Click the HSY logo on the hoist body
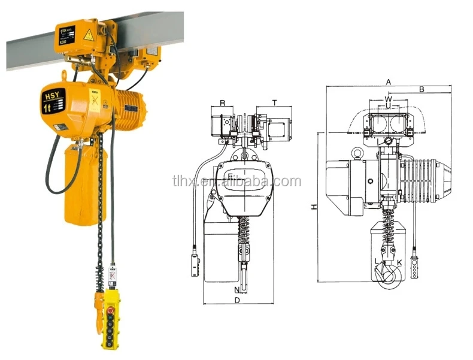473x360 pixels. coord(50,95)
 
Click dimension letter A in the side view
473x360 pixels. coord(388,81)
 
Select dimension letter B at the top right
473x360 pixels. coord(422,89)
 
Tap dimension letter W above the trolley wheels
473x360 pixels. coord(388,98)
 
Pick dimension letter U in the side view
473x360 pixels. coord(388,106)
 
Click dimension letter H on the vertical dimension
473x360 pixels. coord(313,207)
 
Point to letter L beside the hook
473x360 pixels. coord(376,261)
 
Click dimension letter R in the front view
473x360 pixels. coord(223,103)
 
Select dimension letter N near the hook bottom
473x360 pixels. coord(237,290)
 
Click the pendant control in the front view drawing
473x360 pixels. coord(195,264)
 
